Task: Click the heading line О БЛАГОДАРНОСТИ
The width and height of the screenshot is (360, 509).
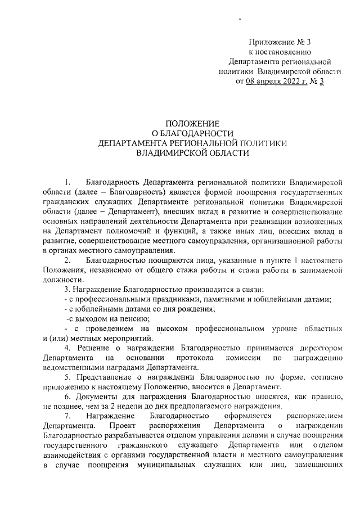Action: click(x=192, y=133)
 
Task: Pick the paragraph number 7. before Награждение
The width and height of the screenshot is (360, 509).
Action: click(x=68, y=416)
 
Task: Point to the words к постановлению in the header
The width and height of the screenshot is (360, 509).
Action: click(x=280, y=52)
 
